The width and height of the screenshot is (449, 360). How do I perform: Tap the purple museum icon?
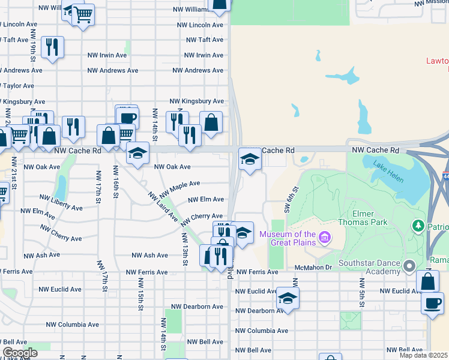(x=325, y=238)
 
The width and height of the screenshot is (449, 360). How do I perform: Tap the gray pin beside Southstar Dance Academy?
(x=410, y=265)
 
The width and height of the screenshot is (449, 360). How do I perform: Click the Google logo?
(x=20, y=353)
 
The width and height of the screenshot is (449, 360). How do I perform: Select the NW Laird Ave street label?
(x=163, y=206)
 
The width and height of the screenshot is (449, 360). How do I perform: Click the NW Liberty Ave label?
(x=61, y=202)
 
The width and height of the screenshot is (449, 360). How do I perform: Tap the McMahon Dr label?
(x=313, y=267)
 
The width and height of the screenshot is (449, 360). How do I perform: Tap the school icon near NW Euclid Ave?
(x=288, y=298)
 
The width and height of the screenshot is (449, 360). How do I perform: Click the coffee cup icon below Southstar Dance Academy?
(x=432, y=303)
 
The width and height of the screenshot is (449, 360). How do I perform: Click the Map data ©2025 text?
(x=423, y=355)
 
